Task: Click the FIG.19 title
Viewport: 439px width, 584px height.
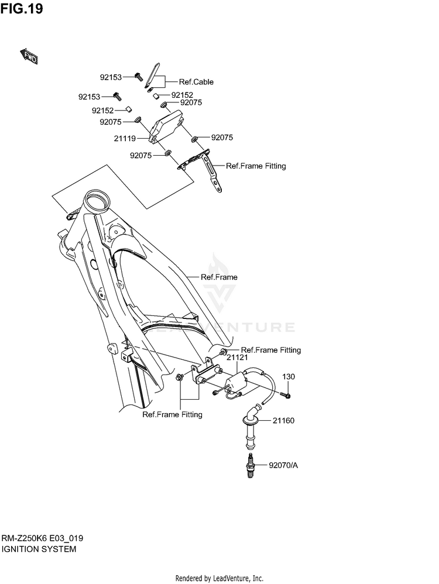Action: pos(22,8)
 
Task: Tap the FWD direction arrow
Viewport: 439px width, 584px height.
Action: pos(29,56)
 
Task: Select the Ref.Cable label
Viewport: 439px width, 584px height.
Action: pos(196,82)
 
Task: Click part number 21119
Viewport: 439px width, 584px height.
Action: pos(125,139)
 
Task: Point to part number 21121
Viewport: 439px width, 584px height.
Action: pos(238,358)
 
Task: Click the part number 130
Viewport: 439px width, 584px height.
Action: pos(289,376)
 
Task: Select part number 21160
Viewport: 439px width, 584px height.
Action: pos(283,421)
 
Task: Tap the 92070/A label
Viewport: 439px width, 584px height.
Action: pos(283,465)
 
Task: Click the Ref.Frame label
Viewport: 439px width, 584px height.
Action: pos(219,277)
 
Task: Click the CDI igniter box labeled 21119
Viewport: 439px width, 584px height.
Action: pos(167,125)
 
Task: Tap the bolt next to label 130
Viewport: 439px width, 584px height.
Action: pos(286,396)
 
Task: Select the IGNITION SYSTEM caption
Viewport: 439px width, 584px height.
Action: pos(39,549)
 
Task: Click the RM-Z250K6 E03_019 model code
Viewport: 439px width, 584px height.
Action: pos(42,538)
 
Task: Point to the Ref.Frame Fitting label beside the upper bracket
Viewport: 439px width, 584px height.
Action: pos(256,166)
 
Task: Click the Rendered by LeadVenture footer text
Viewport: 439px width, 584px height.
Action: pos(219,578)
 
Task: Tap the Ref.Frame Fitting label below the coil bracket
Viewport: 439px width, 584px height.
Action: pos(172,414)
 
